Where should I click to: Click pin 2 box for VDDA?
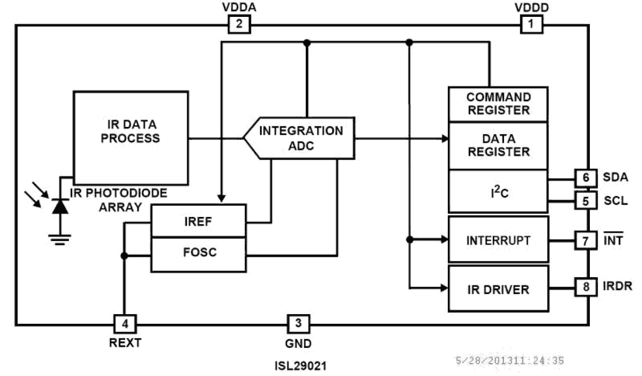(239, 24)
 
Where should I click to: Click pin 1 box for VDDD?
(532, 24)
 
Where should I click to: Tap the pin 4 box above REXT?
(125, 323)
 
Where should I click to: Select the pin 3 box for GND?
(298, 323)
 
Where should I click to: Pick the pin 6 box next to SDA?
(586, 178)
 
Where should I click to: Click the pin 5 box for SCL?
(586, 200)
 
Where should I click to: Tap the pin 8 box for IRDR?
(586, 286)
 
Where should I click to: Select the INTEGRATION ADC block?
(300, 138)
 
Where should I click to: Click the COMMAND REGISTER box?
(498, 104)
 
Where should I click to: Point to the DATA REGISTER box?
(498, 145)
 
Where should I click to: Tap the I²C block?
(498, 191)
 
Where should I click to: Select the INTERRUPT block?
(498, 239)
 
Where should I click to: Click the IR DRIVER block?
(498, 289)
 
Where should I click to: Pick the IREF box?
(198, 221)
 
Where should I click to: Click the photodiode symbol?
(60, 206)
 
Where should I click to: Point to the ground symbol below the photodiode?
(60, 239)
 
